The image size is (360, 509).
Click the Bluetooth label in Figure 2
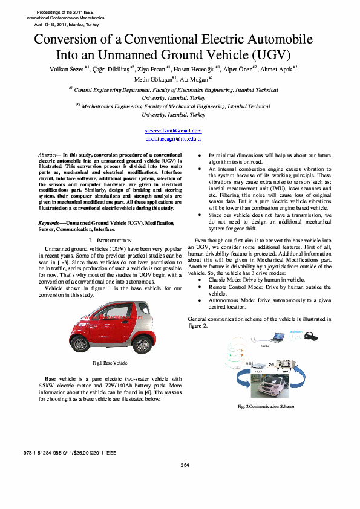click(296, 332)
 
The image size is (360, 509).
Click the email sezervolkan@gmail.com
click(173, 131)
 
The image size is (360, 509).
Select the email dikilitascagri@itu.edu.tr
click(173, 139)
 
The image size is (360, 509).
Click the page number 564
click(185, 464)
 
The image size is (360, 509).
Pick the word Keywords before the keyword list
click(48, 224)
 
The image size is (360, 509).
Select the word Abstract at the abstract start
click(47, 155)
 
